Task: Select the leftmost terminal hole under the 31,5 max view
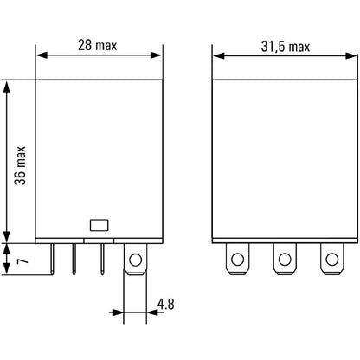(235, 257)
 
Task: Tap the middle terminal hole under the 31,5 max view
(282, 257)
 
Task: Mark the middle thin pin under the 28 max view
(76, 259)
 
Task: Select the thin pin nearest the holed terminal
(102, 259)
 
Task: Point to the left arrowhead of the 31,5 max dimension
(218, 57)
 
